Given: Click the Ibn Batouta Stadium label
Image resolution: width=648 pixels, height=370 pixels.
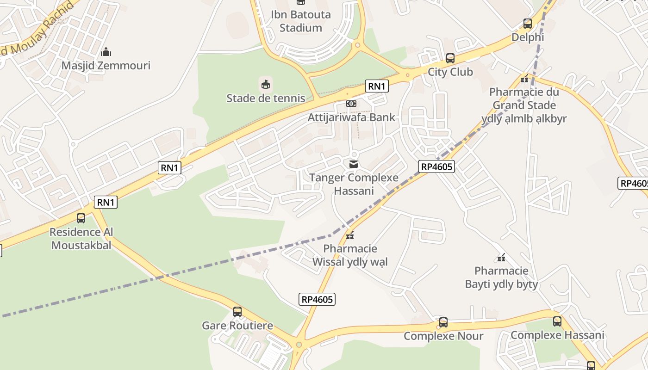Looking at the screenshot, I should (x=300, y=21).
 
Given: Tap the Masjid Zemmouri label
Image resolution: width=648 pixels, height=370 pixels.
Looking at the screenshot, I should (x=106, y=65).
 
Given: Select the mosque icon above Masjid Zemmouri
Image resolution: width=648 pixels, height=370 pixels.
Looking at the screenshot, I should (x=106, y=51).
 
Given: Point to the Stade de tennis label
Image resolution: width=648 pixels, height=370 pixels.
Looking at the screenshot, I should (x=266, y=98).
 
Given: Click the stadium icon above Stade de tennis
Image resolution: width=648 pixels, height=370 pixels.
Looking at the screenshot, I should (x=266, y=84).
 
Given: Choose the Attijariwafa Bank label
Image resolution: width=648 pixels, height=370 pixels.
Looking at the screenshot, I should (x=351, y=117).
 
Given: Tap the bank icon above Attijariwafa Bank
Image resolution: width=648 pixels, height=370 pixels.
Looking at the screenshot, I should (x=351, y=104).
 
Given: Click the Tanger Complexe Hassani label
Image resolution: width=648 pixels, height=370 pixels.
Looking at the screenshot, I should (x=354, y=184).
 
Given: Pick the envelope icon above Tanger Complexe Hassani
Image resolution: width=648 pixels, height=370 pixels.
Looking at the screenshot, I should (x=354, y=164).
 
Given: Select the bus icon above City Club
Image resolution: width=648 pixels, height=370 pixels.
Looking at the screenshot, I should (x=450, y=58).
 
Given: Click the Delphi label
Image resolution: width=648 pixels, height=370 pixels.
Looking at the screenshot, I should (x=528, y=37).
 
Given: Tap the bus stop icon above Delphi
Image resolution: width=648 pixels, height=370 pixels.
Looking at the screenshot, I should (x=528, y=24).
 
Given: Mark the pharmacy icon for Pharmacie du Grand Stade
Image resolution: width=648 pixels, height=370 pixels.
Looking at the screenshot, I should (x=524, y=79).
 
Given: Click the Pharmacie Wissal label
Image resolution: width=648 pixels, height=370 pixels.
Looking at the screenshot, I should (x=350, y=255).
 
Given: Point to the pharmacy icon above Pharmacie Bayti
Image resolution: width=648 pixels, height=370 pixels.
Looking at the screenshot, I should (x=501, y=257).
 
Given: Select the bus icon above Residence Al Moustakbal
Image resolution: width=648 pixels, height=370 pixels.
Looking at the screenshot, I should (x=81, y=218).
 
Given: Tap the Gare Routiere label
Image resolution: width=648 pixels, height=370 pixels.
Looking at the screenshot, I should (x=237, y=326).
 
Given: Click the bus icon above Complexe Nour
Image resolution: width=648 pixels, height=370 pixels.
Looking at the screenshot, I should (x=443, y=322).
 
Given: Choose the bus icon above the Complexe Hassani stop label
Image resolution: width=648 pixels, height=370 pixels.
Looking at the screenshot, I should (x=557, y=321).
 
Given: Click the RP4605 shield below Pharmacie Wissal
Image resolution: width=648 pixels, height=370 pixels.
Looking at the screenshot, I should (x=317, y=299).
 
